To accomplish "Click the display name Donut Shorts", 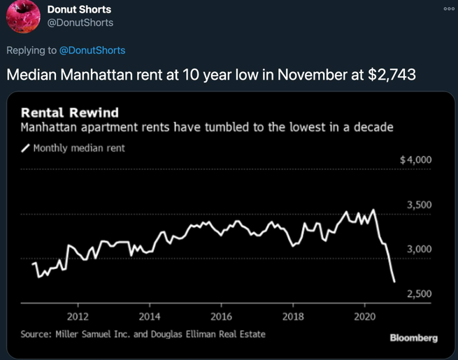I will coord(79,10).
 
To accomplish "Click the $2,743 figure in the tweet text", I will coord(392,75).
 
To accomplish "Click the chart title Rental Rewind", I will coord(70,113).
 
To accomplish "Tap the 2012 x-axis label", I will coord(78,315).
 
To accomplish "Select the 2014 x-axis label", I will coord(150,315).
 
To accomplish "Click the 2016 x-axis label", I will coord(221,315).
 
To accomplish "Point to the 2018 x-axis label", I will coord(293,315).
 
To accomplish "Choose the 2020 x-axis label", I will coord(364,315).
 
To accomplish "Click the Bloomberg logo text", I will coord(414,338).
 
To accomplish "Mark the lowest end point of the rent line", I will coord(394,282).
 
